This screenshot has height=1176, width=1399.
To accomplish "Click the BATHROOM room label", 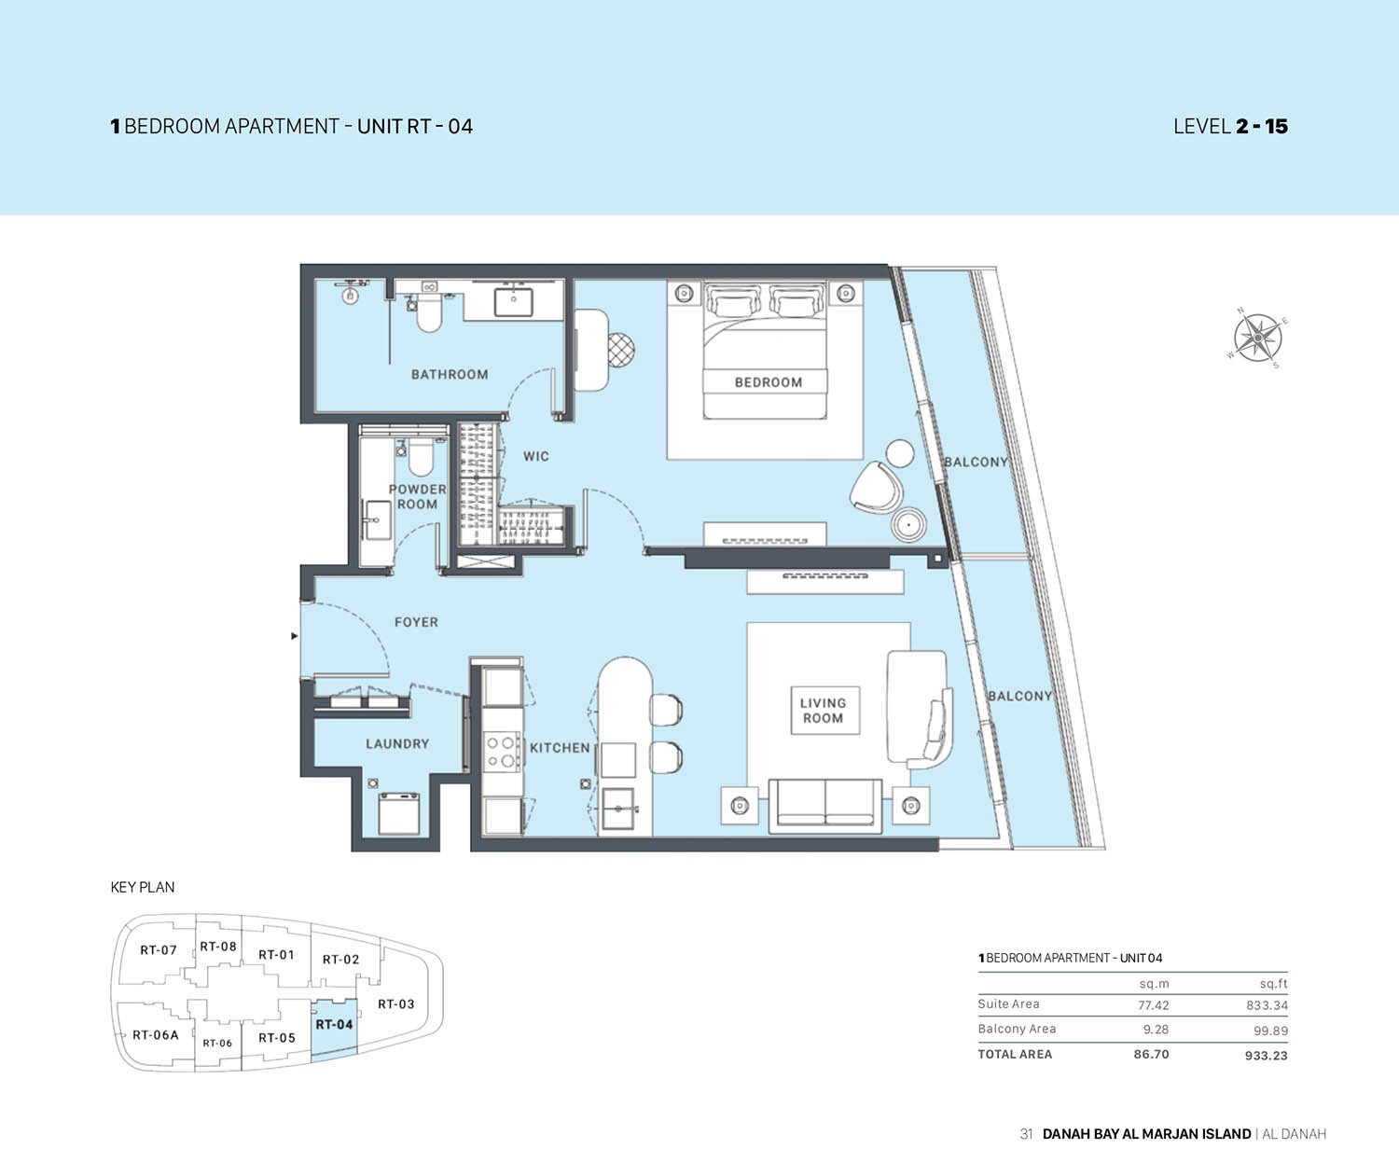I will click(450, 374).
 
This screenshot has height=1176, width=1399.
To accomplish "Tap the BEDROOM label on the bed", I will click(768, 382).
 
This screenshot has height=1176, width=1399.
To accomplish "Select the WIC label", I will click(536, 456).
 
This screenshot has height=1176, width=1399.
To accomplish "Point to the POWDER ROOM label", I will click(417, 496).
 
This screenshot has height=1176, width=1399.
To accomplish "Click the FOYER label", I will click(416, 622).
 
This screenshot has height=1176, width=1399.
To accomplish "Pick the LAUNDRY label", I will click(397, 743).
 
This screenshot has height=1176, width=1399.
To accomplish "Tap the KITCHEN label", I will click(560, 748).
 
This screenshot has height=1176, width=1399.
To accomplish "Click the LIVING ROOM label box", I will click(823, 711).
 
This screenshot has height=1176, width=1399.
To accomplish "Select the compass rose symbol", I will click(1257, 338).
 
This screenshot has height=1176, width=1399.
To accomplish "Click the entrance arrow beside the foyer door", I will click(295, 636).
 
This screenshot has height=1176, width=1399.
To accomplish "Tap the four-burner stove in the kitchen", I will click(502, 752).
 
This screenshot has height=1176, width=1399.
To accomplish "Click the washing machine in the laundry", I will click(399, 813).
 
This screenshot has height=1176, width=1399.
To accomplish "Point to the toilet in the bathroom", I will click(428, 315).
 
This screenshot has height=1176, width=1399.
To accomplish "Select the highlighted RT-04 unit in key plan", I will click(334, 1025).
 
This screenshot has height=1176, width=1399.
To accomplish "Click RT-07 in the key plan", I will click(159, 950).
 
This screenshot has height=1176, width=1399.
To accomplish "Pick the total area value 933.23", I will click(1266, 1056).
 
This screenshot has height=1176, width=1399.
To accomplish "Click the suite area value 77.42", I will click(1153, 1005).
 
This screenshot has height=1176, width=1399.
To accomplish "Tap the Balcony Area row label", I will click(1017, 1029).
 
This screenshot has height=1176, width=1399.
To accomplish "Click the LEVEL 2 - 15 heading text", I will click(1229, 127).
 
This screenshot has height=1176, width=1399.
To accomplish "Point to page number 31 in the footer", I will click(1026, 1134).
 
